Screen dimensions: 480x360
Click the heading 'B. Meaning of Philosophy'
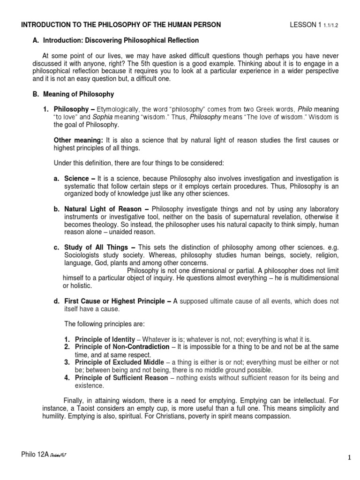[73, 94]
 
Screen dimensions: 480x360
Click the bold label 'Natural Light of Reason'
[101, 209]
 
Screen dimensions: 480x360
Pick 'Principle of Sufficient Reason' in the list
[116, 377]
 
